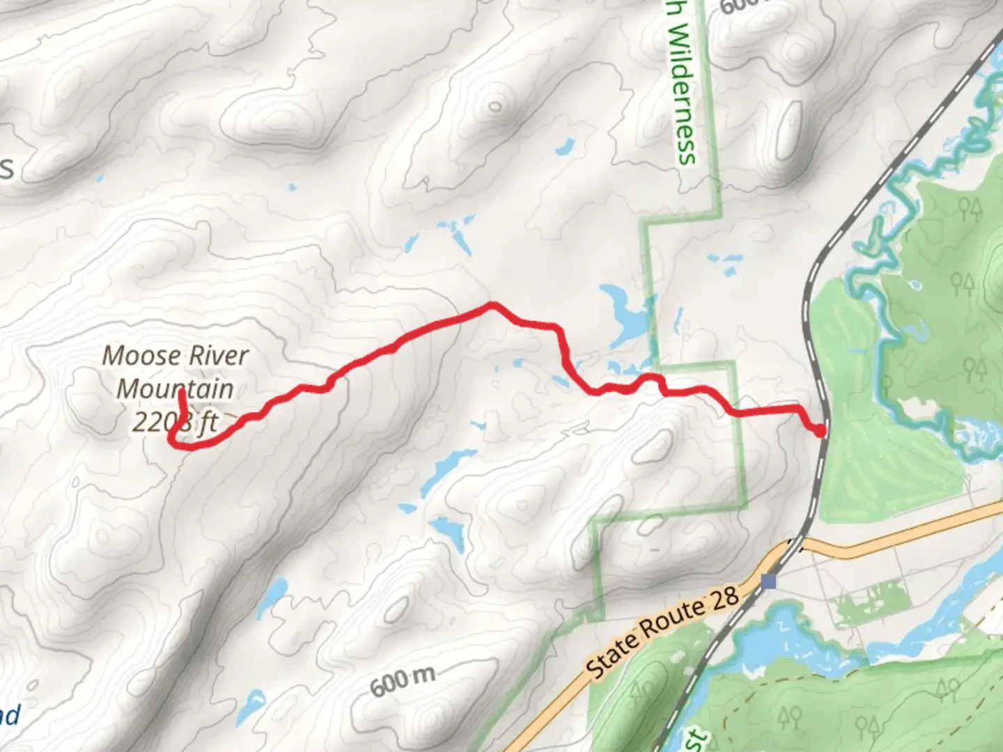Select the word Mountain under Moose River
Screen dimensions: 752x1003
pos(175,389)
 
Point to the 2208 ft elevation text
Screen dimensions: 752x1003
pos(175,422)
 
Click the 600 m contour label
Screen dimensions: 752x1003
pos(403,682)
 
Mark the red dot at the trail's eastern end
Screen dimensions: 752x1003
pos(821,432)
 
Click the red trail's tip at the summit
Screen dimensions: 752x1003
pos(181,391)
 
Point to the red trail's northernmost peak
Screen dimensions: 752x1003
pos(492,304)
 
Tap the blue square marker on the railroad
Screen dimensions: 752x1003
pos(768,581)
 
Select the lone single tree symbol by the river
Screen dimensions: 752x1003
pos(887,383)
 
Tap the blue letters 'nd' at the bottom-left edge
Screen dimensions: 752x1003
pos(10,716)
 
